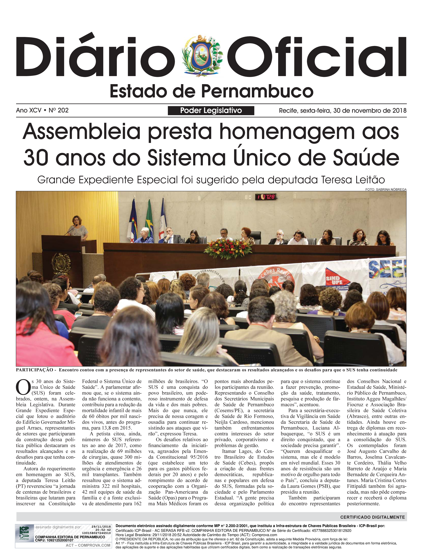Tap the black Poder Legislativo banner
point(211,110)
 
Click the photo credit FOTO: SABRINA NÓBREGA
point(386,189)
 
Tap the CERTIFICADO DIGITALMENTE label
point(372,517)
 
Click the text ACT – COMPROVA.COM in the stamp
point(88,545)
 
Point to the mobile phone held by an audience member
point(79,314)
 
